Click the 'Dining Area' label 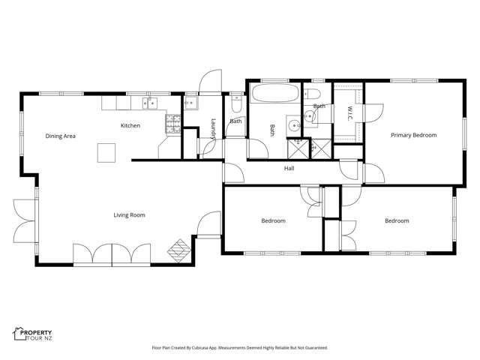point(61,136)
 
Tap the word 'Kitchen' point(130,125)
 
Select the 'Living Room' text point(129,215)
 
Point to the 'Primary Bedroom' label point(413,135)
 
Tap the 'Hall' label point(289,168)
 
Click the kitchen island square point(106,153)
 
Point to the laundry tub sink point(191,103)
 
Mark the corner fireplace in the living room point(179,248)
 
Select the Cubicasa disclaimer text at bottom point(240,348)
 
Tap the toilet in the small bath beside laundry point(237,99)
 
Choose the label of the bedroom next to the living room point(273,220)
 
